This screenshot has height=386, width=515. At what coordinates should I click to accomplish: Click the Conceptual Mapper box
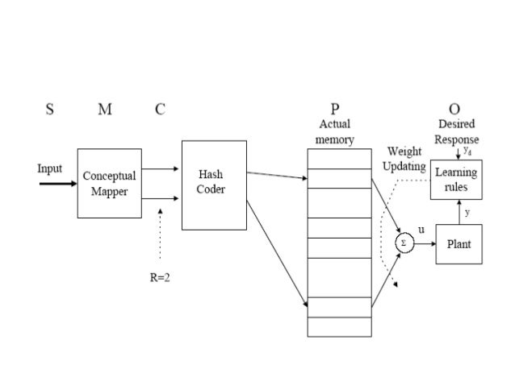point(109,183)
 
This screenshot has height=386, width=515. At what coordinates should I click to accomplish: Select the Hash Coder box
point(213,185)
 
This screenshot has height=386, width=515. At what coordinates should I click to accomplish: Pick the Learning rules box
point(458,180)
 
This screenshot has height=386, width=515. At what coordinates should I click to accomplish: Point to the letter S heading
point(49,110)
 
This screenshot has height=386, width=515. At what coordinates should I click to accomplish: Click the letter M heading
point(105,110)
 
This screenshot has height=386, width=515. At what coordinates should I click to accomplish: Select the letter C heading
point(161,110)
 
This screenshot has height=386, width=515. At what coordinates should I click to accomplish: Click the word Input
point(50,169)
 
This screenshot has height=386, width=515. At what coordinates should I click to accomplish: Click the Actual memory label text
point(334,132)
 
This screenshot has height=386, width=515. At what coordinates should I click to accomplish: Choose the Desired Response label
point(457,132)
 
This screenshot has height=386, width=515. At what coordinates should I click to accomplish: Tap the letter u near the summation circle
point(420,229)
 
